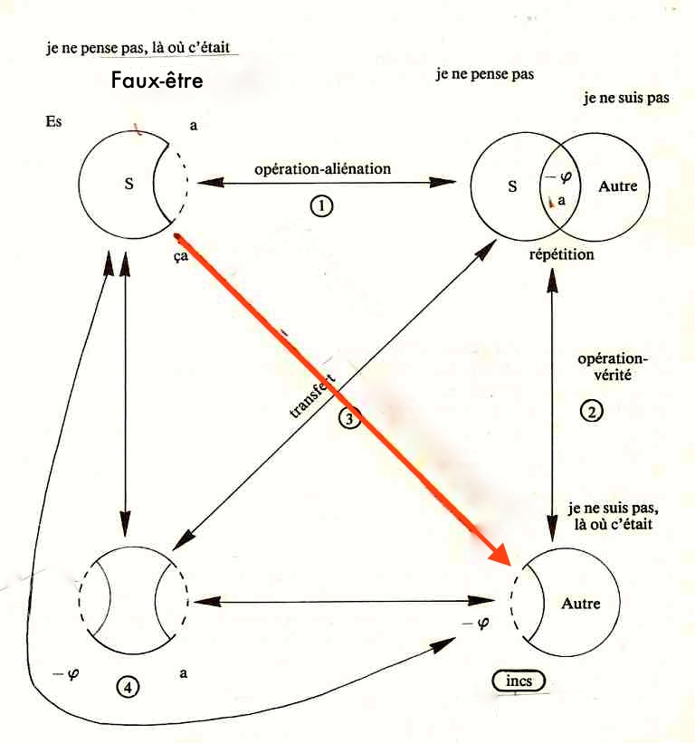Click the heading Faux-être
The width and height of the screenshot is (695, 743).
click(157, 80)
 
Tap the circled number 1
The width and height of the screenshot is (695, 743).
click(321, 206)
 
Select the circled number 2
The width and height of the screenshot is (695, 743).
click(590, 410)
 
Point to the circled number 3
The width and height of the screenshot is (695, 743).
click(350, 417)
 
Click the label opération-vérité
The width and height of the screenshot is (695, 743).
click(614, 366)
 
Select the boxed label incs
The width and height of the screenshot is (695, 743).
click(519, 680)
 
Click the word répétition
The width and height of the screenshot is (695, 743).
click(561, 254)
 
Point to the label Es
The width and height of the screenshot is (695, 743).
click(53, 121)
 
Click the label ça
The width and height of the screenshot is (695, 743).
click(181, 256)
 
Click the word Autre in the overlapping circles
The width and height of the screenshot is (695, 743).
click(618, 187)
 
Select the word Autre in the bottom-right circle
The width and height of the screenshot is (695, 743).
click(580, 603)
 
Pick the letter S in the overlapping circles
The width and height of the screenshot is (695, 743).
click(512, 187)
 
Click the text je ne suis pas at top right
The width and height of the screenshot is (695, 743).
click(626, 98)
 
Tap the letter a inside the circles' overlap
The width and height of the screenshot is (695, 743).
click(562, 202)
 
